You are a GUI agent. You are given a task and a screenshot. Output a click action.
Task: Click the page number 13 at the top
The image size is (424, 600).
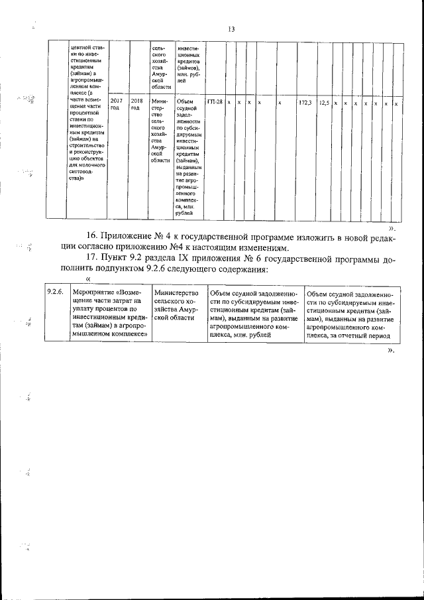[x=231, y=29]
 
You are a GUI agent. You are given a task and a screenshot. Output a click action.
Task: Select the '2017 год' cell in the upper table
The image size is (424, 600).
[x=116, y=104]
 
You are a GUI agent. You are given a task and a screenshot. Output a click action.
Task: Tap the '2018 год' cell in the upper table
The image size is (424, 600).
[x=136, y=104]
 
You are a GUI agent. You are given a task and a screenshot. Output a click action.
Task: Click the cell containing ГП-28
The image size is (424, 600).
[x=215, y=102]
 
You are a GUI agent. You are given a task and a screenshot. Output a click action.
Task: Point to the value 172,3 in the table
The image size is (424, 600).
[x=305, y=103]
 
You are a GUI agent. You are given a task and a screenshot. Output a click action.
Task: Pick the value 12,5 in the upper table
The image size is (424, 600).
[x=324, y=103]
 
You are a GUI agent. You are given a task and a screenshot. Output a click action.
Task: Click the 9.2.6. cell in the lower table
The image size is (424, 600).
[x=55, y=292]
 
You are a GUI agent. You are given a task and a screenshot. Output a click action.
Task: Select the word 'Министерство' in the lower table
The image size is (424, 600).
[x=176, y=292]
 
